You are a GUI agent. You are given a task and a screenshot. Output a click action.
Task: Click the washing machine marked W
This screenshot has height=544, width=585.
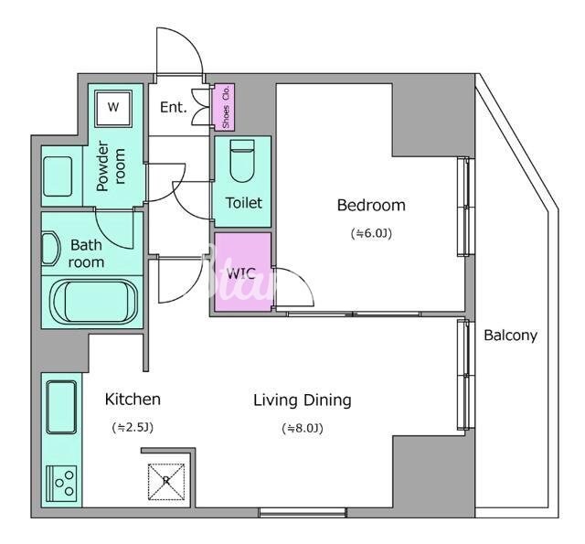(x=113, y=108)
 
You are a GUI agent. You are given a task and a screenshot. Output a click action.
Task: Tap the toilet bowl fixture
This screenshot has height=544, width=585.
(x=242, y=161)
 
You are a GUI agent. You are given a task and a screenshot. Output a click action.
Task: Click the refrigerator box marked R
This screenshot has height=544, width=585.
(x=166, y=482)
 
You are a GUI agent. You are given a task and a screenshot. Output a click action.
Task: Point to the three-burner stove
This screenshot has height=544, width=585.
(x=61, y=484)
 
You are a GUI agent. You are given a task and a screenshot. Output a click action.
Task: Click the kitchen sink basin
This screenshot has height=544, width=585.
(x=61, y=408)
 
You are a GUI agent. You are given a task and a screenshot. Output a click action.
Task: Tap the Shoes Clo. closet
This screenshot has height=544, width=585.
(x=223, y=108)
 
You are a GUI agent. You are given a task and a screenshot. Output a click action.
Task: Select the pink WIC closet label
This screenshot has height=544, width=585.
(x=241, y=274)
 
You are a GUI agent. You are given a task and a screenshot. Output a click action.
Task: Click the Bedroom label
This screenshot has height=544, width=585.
(x=371, y=206)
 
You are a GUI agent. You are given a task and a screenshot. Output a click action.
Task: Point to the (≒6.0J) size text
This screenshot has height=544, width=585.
(x=371, y=233)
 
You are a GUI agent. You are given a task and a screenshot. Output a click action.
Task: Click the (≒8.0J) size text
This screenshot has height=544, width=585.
(x=303, y=428)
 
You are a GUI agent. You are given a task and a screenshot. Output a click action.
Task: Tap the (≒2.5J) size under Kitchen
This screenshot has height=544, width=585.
(x=133, y=427)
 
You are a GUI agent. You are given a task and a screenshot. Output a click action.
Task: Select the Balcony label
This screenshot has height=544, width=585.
(x=510, y=336)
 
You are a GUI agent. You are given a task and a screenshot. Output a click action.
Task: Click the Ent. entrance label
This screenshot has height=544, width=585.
(x=174, y=108)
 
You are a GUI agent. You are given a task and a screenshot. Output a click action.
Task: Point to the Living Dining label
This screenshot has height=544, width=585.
(x=303, y=400)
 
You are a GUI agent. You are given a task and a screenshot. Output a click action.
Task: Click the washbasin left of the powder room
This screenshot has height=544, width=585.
(x=58, y=176)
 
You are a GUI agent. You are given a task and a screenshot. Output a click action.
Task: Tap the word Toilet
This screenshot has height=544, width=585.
(x=244, y=203)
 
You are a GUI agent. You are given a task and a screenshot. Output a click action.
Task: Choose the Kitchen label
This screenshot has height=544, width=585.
(x=133, y=400)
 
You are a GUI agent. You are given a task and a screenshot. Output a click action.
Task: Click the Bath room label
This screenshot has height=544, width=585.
(x=86, y=254)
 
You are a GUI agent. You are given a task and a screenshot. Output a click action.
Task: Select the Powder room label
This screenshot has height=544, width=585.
(x=111, y=166)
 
